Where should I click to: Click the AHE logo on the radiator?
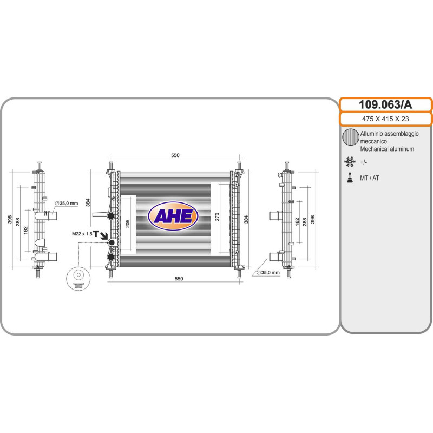point(173,215)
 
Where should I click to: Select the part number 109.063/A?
point(385,104)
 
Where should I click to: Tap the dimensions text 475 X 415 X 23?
point(385,119)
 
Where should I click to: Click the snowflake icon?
point(350,162)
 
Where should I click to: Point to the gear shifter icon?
point(350,178)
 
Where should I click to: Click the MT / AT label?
point(370,178)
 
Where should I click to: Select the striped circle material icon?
point(350,137)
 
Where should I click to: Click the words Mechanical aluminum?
point(387,149)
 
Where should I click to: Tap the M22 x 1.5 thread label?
point(82,234)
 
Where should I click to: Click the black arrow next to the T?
point(104,235)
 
